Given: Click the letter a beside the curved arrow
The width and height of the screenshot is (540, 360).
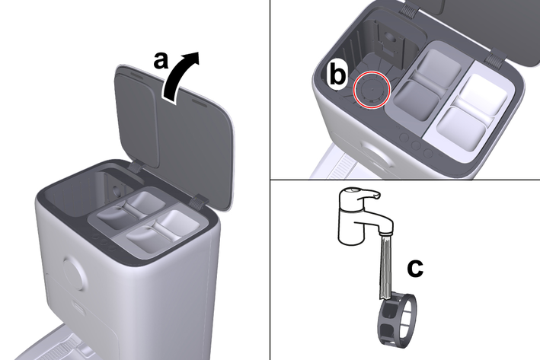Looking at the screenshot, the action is click(161, 61).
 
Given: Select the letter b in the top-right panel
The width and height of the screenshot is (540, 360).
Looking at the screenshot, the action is click(337, 74).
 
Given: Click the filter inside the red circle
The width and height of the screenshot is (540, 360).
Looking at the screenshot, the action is click(372, 90).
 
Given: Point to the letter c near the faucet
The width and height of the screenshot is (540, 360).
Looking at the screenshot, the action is click(415, 269).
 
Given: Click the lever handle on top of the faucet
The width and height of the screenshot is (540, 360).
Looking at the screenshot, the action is click(360, 194).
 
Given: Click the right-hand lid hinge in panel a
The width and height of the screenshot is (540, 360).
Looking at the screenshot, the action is click(199, 202).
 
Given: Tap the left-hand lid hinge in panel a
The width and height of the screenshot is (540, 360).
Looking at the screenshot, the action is click(136, 167).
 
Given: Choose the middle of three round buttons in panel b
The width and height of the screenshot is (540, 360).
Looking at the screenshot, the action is click(417, 145).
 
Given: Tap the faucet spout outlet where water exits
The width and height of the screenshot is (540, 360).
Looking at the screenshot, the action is click(385, 234).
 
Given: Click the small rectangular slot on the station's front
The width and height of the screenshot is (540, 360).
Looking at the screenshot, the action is click(76, 305).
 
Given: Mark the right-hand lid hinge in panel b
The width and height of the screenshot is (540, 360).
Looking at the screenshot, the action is click(495, 57).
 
